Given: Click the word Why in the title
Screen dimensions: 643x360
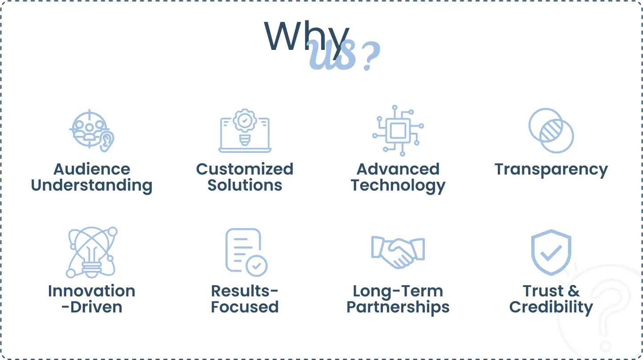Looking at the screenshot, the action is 306,37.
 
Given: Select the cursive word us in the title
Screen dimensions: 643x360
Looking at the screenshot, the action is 332,55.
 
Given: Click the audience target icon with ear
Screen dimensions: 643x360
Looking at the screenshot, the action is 92,131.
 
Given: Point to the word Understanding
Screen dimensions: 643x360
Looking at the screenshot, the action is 92,185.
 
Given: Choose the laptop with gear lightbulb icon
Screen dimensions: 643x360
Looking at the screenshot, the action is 245,131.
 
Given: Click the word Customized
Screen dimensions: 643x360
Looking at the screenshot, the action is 245,169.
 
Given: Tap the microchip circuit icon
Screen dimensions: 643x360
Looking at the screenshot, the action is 398,131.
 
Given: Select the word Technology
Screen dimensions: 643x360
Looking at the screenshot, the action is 398,186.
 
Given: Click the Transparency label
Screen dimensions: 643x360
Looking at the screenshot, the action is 551,170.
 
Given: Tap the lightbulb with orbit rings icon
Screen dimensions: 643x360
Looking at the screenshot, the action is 92,252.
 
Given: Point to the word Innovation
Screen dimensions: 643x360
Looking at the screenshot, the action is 92,291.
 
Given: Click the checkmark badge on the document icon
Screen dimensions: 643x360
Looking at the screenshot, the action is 256,266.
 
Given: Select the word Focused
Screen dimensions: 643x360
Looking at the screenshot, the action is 245,307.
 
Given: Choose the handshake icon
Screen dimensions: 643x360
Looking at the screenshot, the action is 398,252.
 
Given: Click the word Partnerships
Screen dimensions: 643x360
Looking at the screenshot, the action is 398,308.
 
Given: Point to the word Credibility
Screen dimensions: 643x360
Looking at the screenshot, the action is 551,307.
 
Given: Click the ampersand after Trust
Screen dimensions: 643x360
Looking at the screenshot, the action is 574,291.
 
